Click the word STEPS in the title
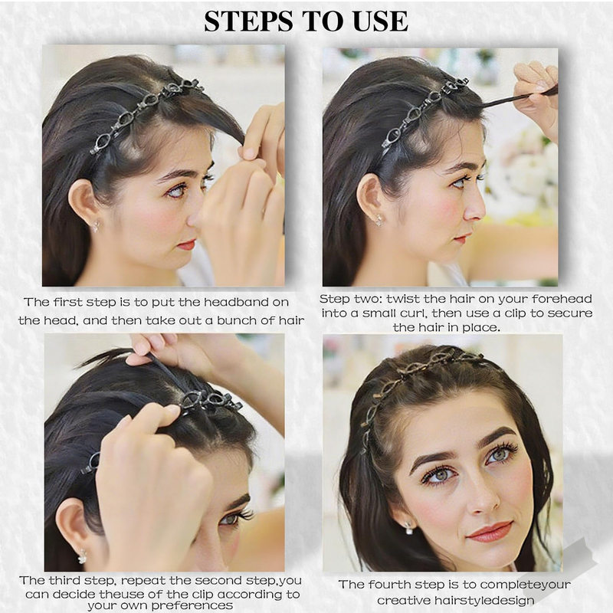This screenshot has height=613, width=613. pos(248,21)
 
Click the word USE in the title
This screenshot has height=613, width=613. pos(380,21)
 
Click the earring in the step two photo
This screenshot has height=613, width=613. pos(379,221)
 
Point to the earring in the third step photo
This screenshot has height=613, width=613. pos(82,557)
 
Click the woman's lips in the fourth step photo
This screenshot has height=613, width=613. pos(490,532)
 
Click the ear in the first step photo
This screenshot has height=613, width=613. pos(81,201)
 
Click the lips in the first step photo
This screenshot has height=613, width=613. pos(186,245)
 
